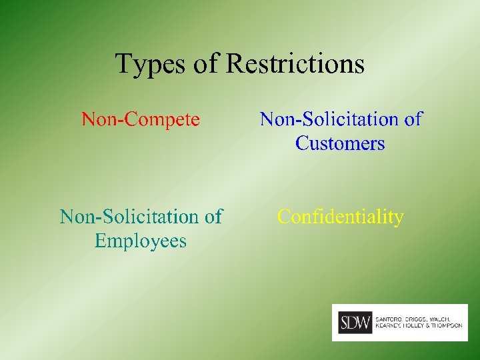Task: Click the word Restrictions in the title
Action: [x=295, y=64]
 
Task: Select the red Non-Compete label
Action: [x=140, y=119]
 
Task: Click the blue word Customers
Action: [x=340, y=143]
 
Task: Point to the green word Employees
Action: [x=141, y=241]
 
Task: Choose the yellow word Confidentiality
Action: [x=340, y=217]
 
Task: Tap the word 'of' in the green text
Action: [x=213, y=217]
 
